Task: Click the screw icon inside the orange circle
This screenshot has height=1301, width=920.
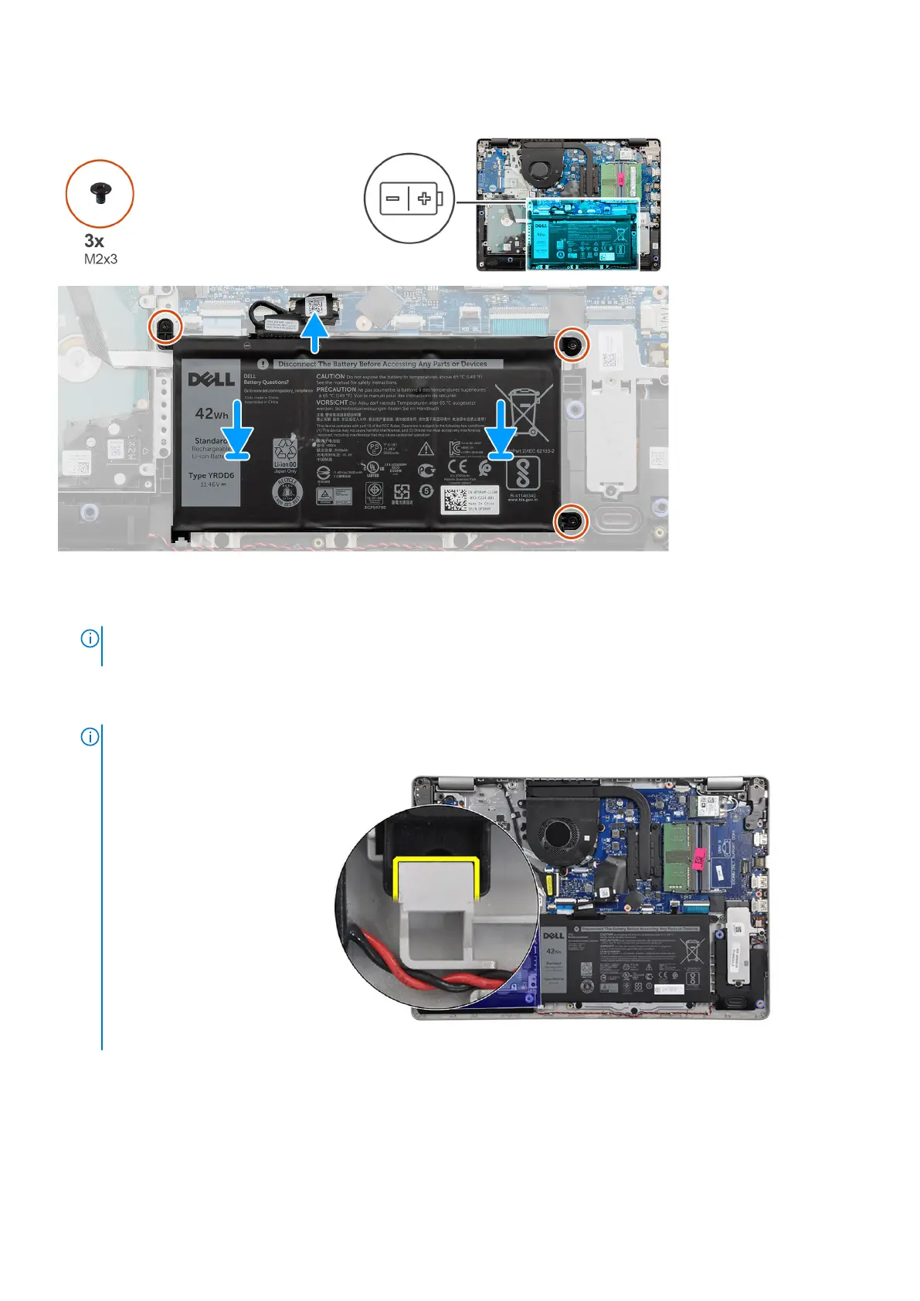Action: pyautogui.click(x=99, y=194)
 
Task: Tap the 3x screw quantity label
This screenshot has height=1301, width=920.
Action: pyautogui.click(x=94, y=241)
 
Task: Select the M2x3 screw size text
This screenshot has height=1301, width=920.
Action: pyautogui.click(x=100, y=259)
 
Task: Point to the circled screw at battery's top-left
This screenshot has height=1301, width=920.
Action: pyautogui.click(x=165, y=328)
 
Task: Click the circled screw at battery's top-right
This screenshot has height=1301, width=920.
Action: pyautogui.click(x=572, y=345)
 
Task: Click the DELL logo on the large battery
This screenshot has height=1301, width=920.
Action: pyautogui.click(x=211, y=379)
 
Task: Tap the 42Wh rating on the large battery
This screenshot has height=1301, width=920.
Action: pyautogui.click(x=211, y=414)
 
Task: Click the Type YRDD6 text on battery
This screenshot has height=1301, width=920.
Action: pyautogui.click(x=211, y=476)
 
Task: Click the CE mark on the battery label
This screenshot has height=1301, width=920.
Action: pyautogui.click(x=457, y=467)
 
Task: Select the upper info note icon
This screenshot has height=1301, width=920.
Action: pyautogui.click(x=90, y=639)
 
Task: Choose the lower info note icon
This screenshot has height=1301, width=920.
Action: pyautogui.click(x=90, y=737)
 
